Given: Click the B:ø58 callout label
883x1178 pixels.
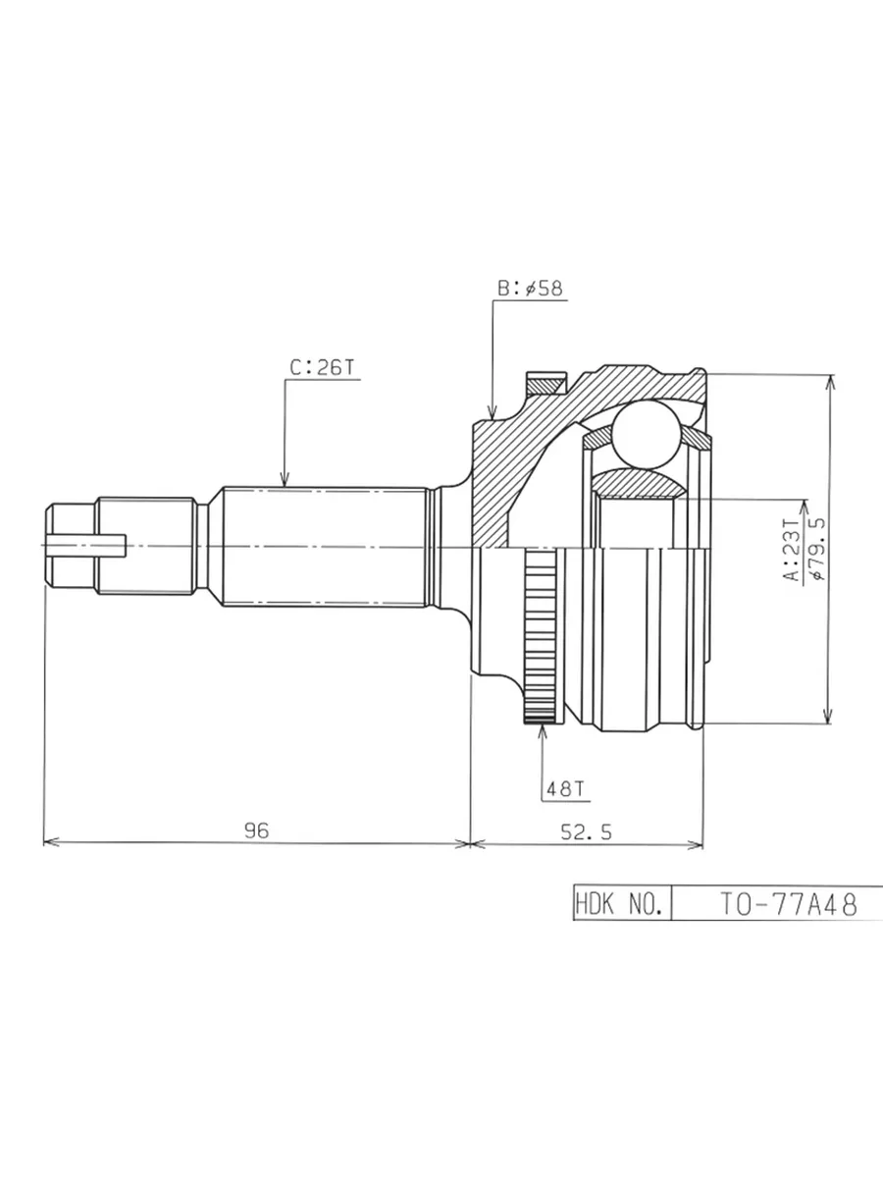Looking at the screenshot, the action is (x=530, y=289).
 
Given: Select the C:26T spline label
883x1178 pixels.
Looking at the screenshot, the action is (x=322, y=367).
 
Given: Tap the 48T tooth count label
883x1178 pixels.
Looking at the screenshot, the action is (x=565, y=789).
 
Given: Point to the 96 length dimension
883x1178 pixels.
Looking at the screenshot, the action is (x=256, y=830).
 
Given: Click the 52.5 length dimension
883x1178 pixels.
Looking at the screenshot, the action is (x=586, y=831).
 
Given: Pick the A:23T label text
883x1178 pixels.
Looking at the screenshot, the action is (x=792, y=550).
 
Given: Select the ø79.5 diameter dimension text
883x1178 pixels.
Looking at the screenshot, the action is (x=819, y=549).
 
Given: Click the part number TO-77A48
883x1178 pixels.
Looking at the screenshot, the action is (x=788, y=904).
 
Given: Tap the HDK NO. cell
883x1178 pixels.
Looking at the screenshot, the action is (x=622, y=904).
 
